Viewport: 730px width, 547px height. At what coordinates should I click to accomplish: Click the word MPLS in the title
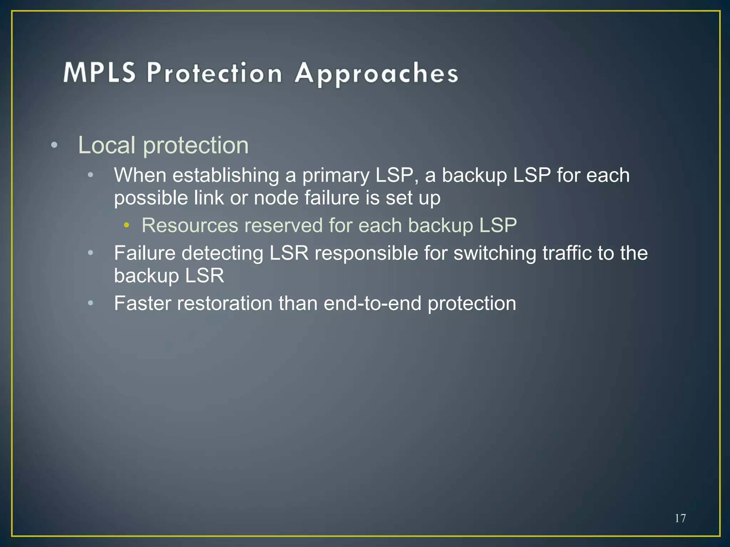click(x=99, y=73)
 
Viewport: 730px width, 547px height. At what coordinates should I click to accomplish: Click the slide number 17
click(x=680, y=518)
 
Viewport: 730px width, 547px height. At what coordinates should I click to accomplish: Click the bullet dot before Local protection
click(x=54, y=145)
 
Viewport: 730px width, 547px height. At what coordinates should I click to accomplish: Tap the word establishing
click(x=226, y=176)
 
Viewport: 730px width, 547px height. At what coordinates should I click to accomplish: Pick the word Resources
click(x=190, y=225)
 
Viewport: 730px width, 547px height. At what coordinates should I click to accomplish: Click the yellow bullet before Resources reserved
click(x=126, y=225)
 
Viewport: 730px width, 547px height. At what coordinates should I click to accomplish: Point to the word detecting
click(x=222, y=253)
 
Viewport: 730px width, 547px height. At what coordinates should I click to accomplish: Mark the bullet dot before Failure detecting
click(x=91, y=253)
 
